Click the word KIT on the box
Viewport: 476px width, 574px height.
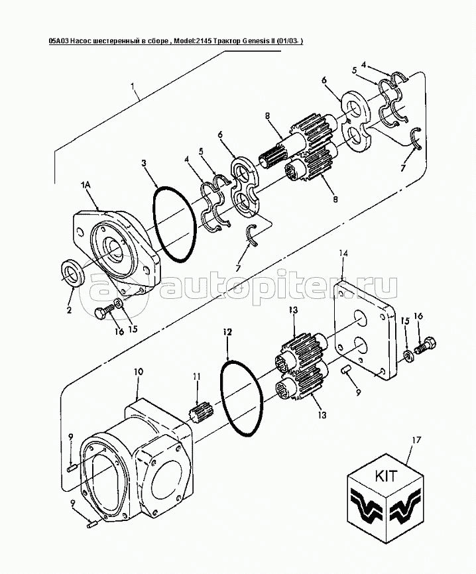click(385, 476)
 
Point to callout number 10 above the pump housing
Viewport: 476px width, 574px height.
click(139, 373)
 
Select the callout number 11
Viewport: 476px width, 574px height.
click(198, 376)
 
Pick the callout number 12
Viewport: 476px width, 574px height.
click(228, 332)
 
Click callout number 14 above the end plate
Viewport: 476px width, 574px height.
click(343, 254)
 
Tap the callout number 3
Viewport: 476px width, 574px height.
click(145, 163)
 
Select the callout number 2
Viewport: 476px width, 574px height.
click(69, 311)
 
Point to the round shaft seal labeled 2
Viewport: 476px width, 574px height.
click(72, 272)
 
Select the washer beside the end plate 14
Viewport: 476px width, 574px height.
click(407, 355)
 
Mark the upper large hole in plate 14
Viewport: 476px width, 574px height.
click(359, 318)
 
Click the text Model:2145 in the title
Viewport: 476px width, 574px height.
click(194, 41)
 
